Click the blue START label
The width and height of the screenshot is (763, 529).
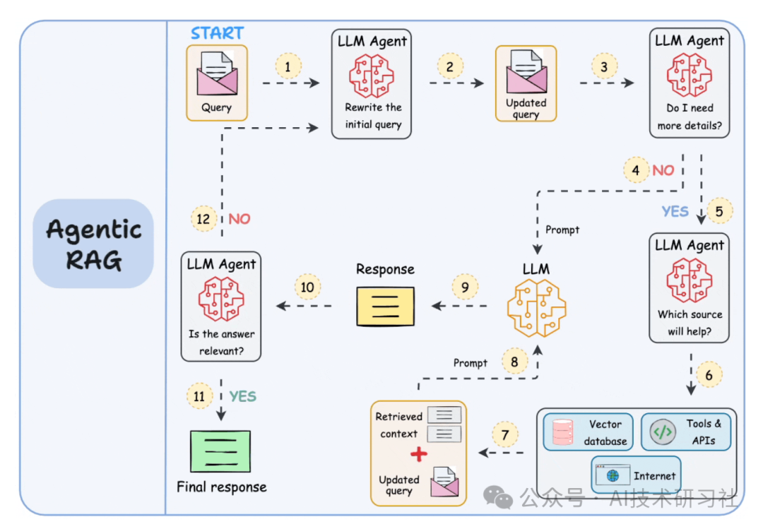pos(217,33)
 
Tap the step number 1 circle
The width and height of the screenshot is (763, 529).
pos(288,67)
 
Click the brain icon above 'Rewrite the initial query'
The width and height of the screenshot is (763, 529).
pos(372,76)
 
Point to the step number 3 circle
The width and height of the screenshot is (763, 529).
pos(604,67)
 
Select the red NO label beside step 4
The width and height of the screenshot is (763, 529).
pos(663,170)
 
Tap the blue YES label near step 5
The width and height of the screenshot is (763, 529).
pos(675,211)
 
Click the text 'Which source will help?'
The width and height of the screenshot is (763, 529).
pos(690,323)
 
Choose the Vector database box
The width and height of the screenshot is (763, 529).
pos(588,432)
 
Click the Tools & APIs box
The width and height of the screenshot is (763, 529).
pos(685,432)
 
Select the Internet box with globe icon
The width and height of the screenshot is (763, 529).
pos(636,475)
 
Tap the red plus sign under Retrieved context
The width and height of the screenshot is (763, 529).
pos(419,454)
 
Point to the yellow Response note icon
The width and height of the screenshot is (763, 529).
pos(385,306)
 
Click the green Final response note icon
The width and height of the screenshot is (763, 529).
pos(220,451)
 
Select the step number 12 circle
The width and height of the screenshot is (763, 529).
pos(203,219)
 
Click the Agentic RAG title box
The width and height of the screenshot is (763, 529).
pos(93,244)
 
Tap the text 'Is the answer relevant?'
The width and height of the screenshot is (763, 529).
pos(221,343)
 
